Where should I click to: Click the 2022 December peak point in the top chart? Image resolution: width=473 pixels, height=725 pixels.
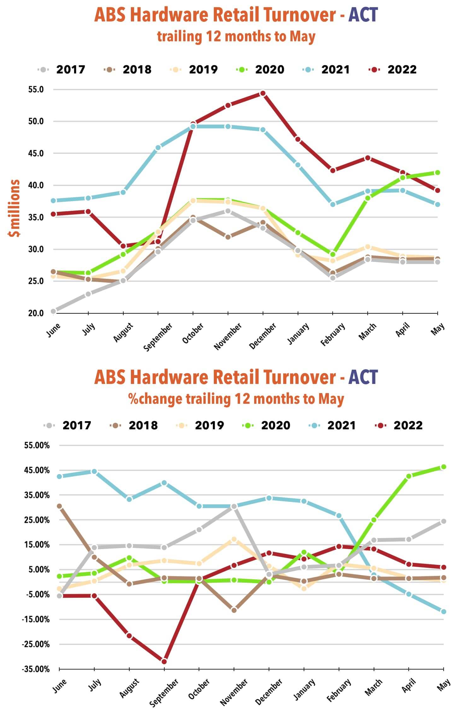click(263, 93)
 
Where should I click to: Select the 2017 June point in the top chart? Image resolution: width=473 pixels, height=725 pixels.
click(53, 311)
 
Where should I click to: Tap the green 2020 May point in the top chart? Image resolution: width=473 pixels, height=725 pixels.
click(437, 172)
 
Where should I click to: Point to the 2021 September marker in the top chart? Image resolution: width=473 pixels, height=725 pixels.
click(158, 147)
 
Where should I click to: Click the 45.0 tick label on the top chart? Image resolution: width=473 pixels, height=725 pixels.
click(36, 154)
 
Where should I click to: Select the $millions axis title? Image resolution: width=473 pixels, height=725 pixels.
click(15, 208)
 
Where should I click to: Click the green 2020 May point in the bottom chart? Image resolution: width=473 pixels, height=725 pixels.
click(443, 467)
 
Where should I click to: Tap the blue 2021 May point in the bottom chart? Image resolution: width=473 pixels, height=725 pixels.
click(443, 612)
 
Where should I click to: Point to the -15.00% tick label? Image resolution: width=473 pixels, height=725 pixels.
click(36, 619)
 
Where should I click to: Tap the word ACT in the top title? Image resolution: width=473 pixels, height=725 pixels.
click(363, 15)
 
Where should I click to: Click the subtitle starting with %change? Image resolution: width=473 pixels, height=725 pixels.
click(236, 399)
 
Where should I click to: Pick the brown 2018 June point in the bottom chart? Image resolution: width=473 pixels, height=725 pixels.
click(59, 506)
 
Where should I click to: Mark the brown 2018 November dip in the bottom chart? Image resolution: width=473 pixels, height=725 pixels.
click(234, 610)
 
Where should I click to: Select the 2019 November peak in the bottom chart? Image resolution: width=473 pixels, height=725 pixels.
click(234, 539)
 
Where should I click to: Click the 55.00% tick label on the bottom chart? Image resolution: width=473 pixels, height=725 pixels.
click(37, 445)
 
